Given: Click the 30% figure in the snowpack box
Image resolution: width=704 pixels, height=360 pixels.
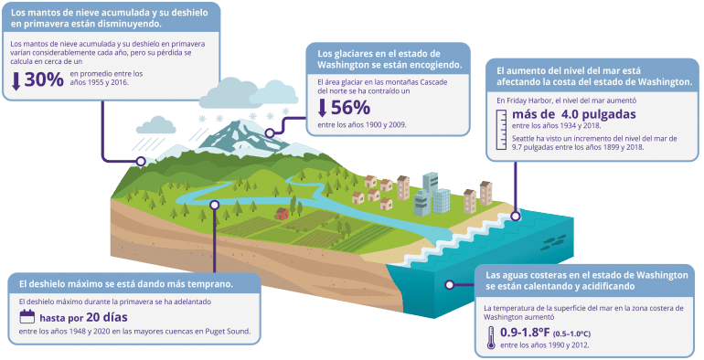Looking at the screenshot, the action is [x=44, y=79].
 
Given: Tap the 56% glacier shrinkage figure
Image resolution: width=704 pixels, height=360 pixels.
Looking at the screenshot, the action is [x=351, y=108].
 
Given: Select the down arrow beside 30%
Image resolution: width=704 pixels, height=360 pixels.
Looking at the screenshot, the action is [x=16, y=80].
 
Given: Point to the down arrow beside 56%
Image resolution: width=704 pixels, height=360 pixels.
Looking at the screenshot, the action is [x=322, y=108].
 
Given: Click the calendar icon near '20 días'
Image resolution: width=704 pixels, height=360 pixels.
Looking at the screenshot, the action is [x=27, y=316].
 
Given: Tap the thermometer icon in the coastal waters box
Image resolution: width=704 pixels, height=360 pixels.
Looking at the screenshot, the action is [x=491, y=338].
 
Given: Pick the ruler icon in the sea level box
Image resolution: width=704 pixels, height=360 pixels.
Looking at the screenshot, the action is [x=501, y=130].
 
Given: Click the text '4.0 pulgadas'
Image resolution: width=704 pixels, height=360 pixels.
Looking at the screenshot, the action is [x=599, y=114].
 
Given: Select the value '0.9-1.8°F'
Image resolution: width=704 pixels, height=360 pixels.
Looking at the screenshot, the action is [x=525, y=333].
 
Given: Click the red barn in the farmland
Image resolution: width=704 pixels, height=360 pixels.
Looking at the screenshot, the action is [x=282, y=214].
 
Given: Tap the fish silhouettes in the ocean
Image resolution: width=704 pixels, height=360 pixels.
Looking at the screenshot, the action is [x=554, y=242].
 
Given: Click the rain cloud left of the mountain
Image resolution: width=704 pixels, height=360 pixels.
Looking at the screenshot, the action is [x=155, y=125].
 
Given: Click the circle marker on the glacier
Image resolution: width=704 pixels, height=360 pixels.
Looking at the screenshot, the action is [x=270, y=132].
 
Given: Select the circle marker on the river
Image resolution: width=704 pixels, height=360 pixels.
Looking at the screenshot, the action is [x=215, y=205].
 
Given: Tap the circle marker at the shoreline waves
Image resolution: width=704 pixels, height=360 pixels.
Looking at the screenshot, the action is [x=516, y=217].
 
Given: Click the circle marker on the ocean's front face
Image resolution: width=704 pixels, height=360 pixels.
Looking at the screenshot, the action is [x=449, y=284].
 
